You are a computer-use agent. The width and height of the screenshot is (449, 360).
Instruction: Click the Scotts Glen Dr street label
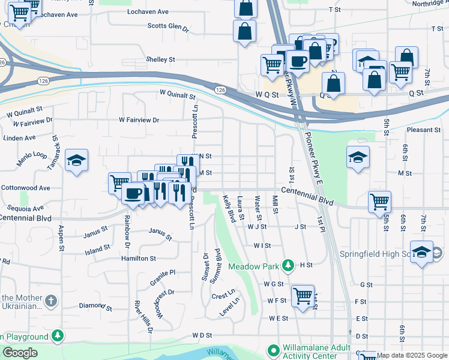click(168, 27)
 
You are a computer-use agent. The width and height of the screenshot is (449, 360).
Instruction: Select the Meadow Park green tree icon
click(288, 265)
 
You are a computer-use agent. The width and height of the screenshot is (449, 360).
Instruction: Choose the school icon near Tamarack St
click(76, 160)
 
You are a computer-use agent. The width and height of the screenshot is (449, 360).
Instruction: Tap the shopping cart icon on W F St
click(303, 296)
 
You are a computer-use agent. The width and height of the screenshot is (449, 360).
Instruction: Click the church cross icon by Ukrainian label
click(52, 299)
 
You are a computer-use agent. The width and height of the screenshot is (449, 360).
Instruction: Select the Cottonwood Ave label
click(25, 188)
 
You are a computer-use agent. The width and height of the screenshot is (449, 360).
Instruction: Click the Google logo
click(20, 353)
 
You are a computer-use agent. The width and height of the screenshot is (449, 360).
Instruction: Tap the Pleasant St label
click(423, 130)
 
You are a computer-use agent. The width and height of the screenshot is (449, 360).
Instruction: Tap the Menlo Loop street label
click(32, 158)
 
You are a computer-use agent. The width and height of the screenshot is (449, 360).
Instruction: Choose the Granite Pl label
click(163, 272)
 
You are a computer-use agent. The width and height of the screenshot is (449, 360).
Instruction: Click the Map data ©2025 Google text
click(412, 355)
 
